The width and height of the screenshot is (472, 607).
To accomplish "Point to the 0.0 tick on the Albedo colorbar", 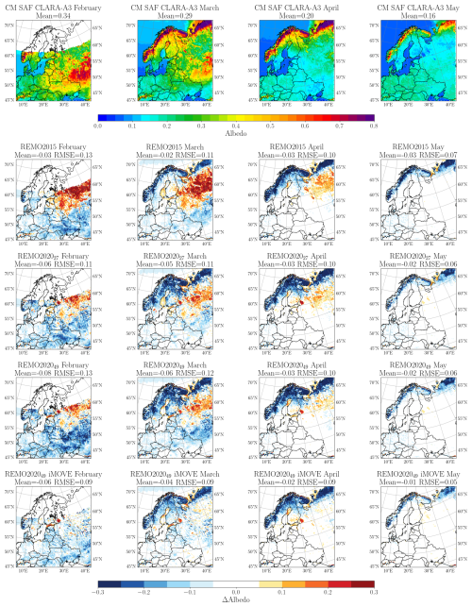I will point(98,125).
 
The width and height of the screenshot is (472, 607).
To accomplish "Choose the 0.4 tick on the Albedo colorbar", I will point(236,125).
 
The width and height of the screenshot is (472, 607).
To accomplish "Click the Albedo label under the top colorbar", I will point(236,133).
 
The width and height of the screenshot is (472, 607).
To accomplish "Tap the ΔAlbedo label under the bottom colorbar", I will point(236,601).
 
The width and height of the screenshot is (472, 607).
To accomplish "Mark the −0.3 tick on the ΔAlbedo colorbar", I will point(98,592).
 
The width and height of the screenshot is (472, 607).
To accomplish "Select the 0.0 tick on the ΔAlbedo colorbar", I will point(236,592).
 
